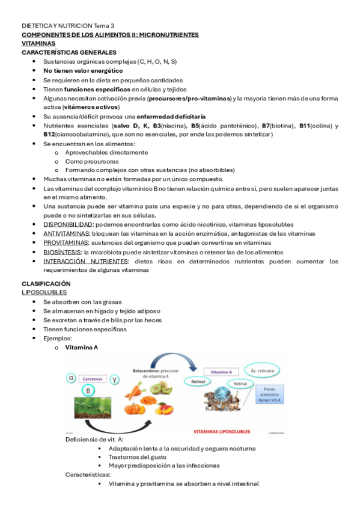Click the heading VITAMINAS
tap(38, 44)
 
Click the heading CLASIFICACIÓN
tap(46, 283)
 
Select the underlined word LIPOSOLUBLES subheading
tap(44, 292)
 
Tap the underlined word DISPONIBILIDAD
tap(63, 224)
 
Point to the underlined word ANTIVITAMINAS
tap(64, 233)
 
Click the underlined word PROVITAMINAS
tap(64, 243)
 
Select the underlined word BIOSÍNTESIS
tap(63, 252)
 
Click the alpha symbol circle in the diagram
tap(72, 378)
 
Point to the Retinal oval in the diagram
tap(240, 384)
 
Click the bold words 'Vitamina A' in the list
tap(81, 348)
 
